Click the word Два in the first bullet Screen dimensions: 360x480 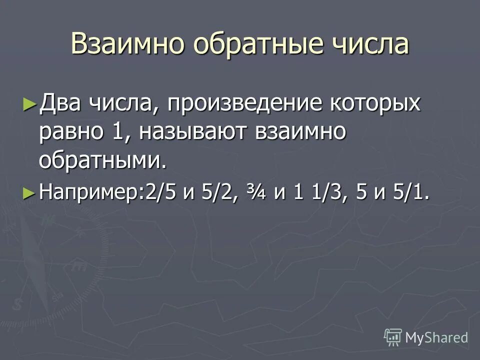[60, 104]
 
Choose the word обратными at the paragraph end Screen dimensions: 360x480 [101, 160]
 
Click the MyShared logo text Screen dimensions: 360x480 [436, 337]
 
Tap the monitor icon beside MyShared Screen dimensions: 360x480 [393, 337]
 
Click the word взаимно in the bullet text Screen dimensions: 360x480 [301, 132]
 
